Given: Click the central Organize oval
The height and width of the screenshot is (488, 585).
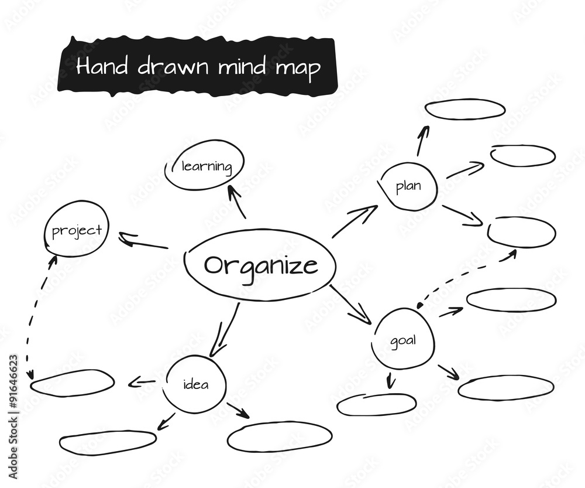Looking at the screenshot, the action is click(x=260, y=266).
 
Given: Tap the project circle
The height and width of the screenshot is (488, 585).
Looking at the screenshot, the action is click(x=76, y=229).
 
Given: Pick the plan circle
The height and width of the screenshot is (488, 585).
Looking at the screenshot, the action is click(x=408, y=187).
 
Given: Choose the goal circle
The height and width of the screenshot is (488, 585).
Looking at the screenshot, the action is click(x=403, y=340).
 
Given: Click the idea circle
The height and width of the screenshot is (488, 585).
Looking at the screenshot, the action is click(x=195, y=384).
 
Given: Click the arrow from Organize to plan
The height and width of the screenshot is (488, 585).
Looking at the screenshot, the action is click(x=355, y=221).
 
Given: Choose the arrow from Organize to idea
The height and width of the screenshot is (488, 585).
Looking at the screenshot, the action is click(x=225, y=330).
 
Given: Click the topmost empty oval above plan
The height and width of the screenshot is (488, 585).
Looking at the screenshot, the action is click(x=464, y=110).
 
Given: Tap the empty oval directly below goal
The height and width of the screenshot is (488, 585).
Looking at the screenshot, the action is click(x=376, y=405).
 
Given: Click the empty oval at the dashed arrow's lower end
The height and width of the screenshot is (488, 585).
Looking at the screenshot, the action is click(x=72, y=383).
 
